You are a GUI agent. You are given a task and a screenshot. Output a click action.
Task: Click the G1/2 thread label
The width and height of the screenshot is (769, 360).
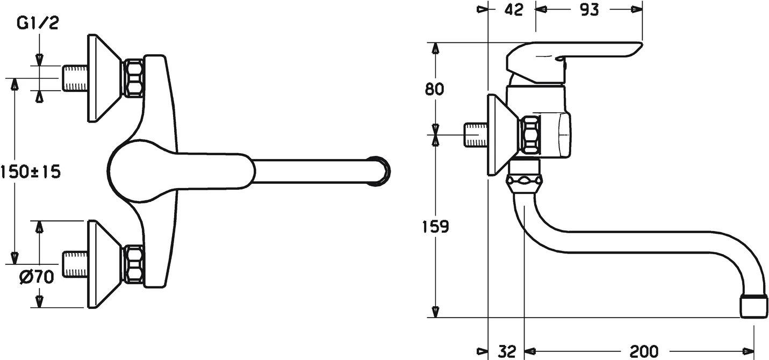coord(38,24)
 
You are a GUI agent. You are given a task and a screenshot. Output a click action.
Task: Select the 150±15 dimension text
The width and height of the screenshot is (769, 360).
coord(31,172)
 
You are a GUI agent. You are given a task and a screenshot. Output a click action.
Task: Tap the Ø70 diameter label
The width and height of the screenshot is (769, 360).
coord(37,277)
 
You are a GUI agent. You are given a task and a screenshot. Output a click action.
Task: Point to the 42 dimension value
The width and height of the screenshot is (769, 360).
coord(514,9)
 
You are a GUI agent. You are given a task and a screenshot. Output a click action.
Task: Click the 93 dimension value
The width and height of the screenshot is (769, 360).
coord(590,9)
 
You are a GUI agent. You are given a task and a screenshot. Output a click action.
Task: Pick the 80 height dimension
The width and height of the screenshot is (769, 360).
coord(435,89)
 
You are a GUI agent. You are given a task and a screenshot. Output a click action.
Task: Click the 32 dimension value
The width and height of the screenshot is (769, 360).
coord(506,351)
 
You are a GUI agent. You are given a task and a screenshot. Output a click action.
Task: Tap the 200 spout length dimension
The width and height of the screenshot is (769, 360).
coord(644,351)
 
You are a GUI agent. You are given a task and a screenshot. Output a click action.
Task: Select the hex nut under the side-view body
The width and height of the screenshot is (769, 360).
coord(524,183)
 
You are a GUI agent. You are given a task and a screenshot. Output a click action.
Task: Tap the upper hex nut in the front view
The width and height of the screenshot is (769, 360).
coord(133,78)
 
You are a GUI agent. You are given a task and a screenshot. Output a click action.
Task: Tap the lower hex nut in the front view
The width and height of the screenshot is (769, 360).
coord(133,264)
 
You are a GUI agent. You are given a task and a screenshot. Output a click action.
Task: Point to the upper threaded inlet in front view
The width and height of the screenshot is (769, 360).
coord(75,78)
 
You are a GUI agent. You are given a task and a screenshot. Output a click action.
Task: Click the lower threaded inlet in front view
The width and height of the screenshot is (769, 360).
coord(75,264)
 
